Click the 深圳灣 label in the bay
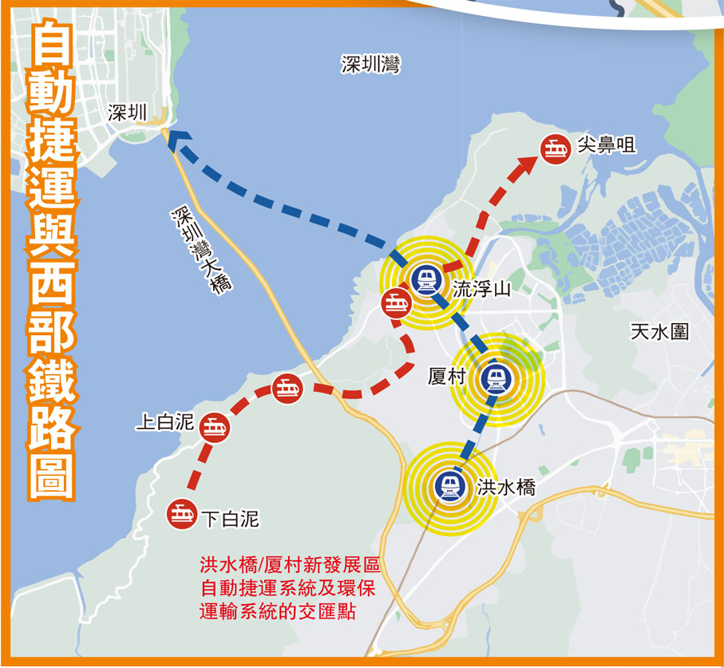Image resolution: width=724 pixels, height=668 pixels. pos(370,65)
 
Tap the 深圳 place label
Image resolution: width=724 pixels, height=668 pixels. pos(128,113)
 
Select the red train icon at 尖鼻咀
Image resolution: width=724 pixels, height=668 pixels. pos(556,148)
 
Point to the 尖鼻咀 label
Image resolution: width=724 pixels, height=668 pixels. pos(606,145)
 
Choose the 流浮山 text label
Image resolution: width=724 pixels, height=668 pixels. pos(481,289)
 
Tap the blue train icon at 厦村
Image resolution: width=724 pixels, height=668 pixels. pos(496,379)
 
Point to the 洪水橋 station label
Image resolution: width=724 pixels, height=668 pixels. pos(506,488)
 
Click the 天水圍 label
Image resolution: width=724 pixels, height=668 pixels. pos(659,332)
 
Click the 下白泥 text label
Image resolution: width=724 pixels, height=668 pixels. pos(230,520)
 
